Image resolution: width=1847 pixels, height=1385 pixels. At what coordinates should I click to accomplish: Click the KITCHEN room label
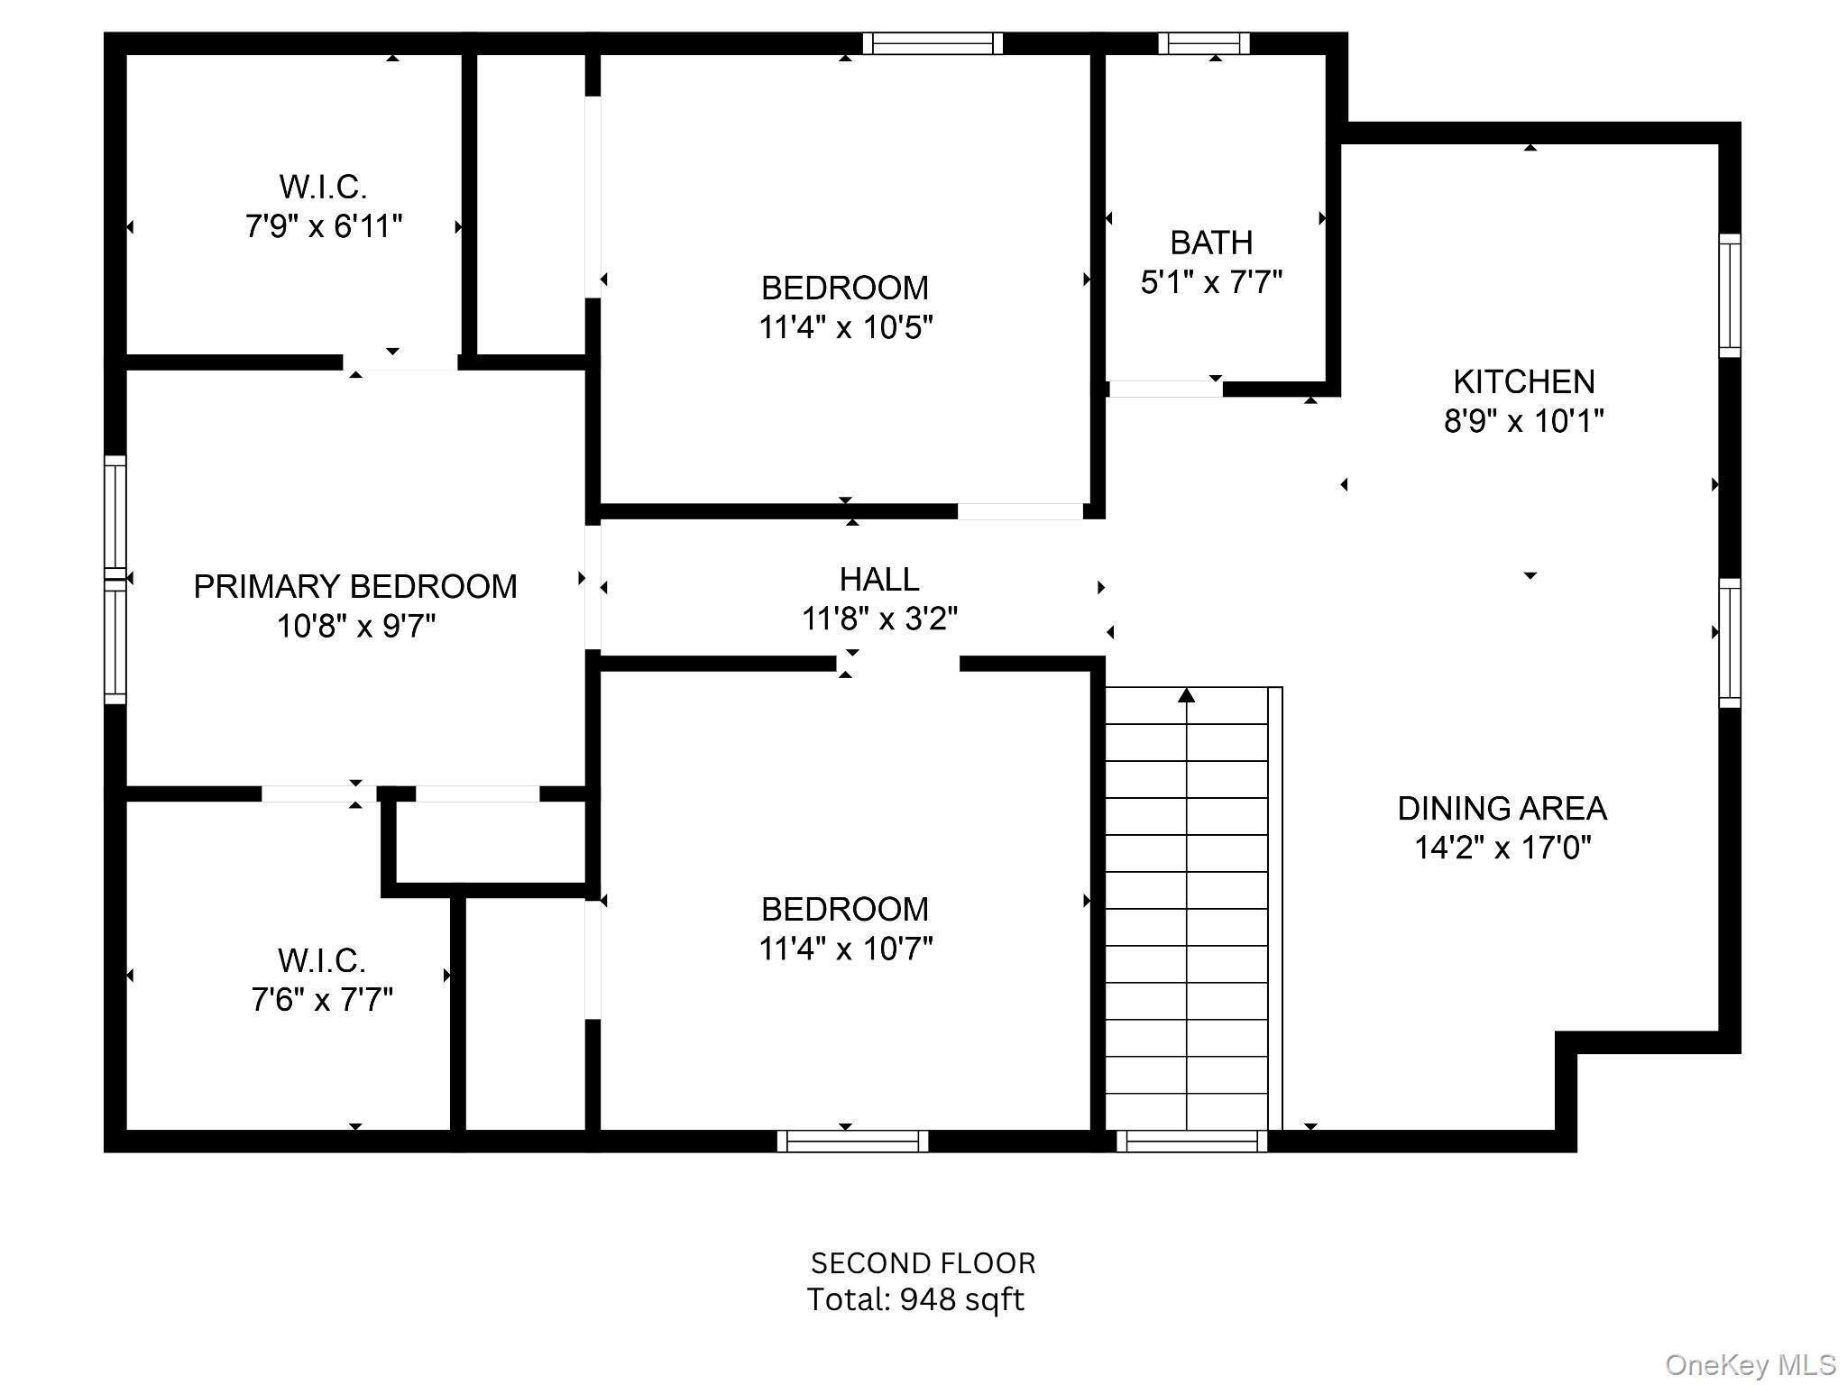click(x=1523, y=382)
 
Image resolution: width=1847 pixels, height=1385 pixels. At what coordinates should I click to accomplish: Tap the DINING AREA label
click(x=1502, y=808)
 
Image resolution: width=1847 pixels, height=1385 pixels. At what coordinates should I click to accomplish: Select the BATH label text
click(x=1211, y=243)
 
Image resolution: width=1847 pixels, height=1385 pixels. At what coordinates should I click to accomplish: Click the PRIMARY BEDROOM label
click(x=355, y=586)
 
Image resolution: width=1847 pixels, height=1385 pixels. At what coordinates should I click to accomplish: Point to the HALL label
click(x=879, y=579)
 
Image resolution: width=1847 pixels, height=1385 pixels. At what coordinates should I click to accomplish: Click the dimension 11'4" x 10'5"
click(x=845, y=327)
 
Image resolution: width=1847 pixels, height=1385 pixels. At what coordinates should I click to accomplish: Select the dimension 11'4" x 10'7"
click(x=845, y=949)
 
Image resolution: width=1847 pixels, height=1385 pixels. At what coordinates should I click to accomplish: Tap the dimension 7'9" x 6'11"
click(x=324, y=225)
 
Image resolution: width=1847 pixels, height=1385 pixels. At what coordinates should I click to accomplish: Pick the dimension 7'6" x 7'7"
click(x=322, y=999)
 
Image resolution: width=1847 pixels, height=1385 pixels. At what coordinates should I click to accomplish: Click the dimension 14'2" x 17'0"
click(x=1502, y=848)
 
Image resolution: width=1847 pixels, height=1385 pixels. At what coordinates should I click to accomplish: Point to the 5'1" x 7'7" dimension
click(x=1211, y=282)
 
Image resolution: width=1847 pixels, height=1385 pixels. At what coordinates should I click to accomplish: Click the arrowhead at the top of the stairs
click(x=1187, y=694)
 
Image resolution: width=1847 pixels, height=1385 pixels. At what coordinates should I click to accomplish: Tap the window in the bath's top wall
click(x=1204, y=43)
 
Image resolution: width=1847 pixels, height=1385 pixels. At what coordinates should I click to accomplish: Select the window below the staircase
click(x=1192, y=1141)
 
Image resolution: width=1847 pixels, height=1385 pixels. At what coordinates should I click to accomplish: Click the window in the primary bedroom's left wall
click(x=115, y=579)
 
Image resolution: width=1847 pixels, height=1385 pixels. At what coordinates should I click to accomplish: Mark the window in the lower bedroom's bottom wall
click(x=852, y=1141)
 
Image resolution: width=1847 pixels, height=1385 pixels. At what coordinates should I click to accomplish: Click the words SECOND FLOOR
click(x=923, y=1263)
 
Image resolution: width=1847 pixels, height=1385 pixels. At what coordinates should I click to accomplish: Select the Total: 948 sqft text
click(x=915, y=1299)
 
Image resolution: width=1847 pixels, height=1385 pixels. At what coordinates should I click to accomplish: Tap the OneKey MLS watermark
click(x=1751, y=1365)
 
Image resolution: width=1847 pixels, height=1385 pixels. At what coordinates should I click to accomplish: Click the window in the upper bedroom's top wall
click(x=933, y=43)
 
